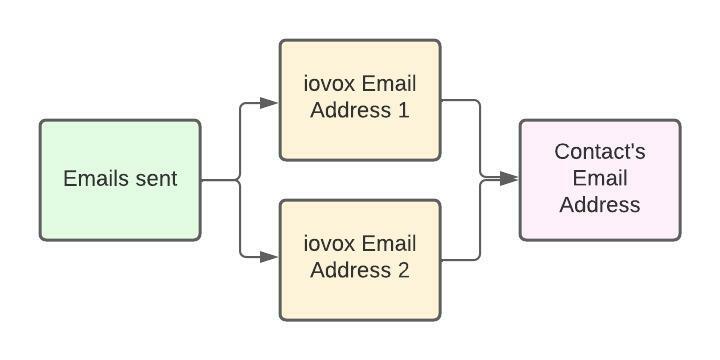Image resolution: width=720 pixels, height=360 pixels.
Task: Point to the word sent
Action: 156,179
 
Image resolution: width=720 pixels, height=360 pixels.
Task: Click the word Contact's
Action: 600,152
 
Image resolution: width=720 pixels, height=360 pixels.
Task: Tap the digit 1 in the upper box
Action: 403,110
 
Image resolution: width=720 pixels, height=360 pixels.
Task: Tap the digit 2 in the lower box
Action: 403,270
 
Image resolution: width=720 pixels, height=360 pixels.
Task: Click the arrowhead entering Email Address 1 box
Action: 270,102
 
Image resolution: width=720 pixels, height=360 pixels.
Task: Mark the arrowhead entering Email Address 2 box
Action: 270,257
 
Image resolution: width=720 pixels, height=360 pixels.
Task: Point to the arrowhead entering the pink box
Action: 510,178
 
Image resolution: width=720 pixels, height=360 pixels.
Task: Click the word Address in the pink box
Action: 600,205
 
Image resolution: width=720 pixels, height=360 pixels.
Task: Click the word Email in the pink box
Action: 600,179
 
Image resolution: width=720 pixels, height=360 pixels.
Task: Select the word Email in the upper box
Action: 389,83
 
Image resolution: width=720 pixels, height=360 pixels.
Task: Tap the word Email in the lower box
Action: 389,243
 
